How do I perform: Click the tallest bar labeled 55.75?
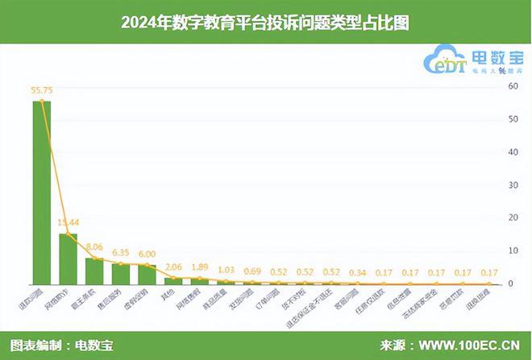(x=41, y=193)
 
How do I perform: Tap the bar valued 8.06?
(x=94, y=271)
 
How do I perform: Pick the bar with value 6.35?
(x=120, y=274)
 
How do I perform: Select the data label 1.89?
(x=200, y=267)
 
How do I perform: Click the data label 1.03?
(x=227, y=269)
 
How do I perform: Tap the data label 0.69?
(x=253, y=270)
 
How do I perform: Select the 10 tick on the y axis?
(x=513, y=250)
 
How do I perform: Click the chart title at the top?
(x=265, y=23)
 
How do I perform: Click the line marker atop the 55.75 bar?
(x=41, y=101)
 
